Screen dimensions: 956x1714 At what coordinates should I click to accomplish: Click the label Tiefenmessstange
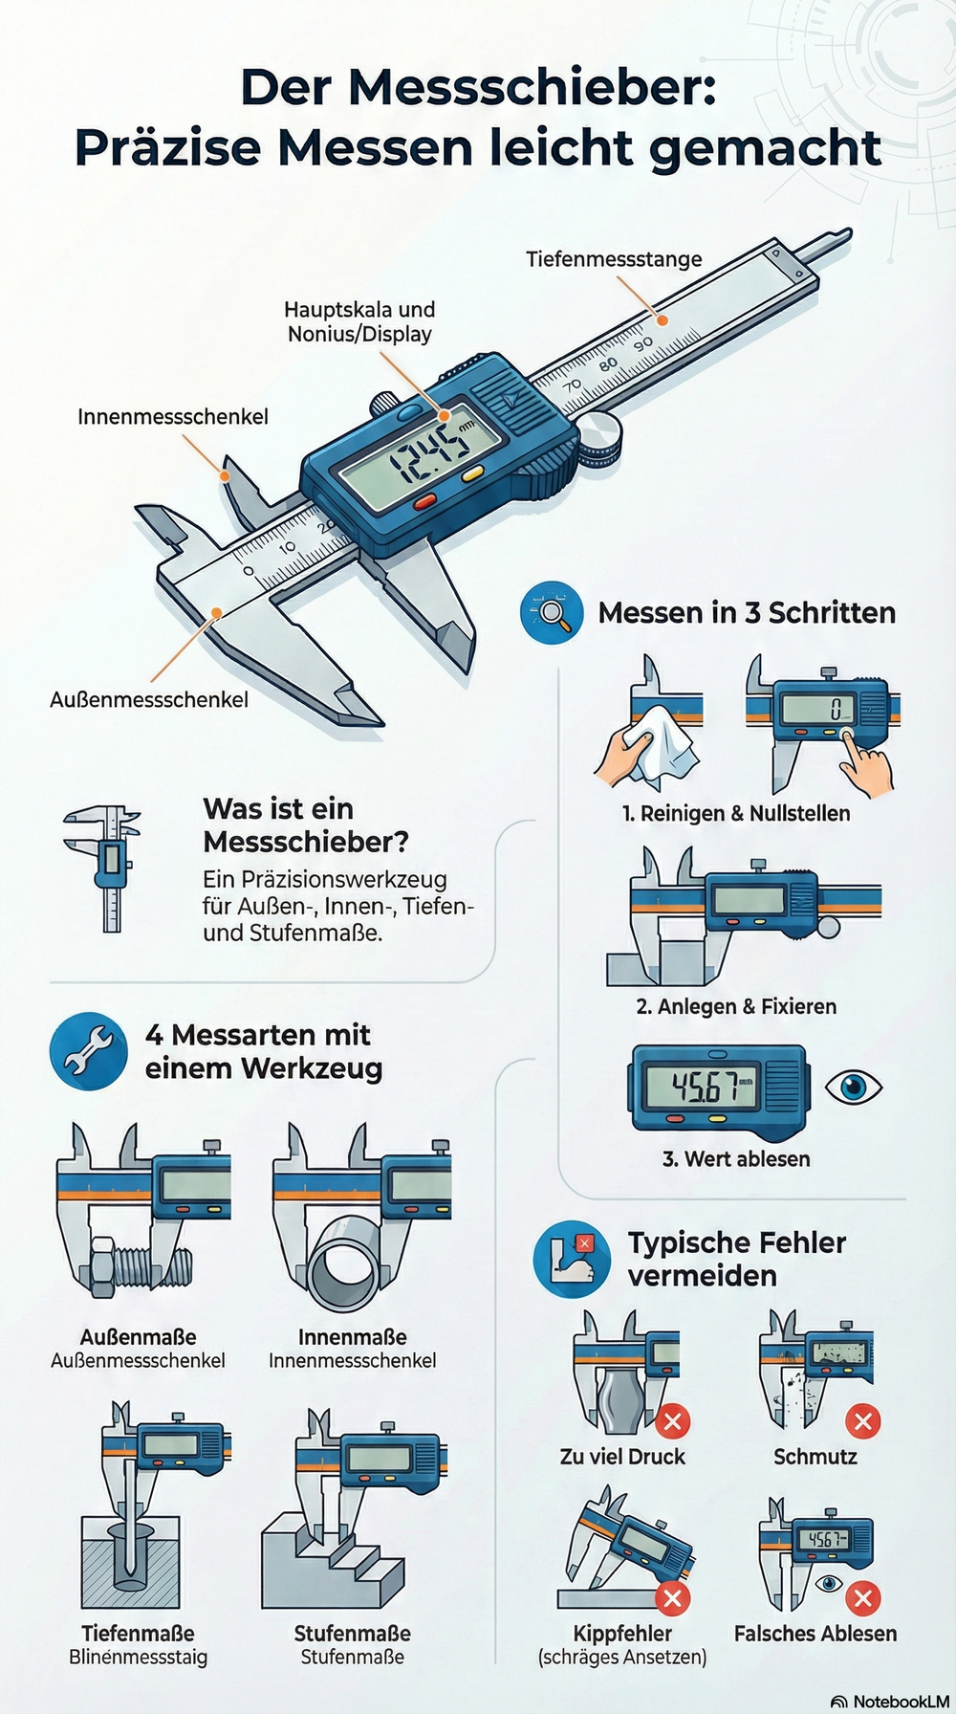[614, 259]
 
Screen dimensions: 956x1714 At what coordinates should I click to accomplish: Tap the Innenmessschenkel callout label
[173, 417]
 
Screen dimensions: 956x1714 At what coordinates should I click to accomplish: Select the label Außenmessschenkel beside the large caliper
[149, 700]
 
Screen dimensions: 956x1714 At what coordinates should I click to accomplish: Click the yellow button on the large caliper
[472, 472]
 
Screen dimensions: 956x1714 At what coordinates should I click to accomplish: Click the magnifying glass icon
[552, 612]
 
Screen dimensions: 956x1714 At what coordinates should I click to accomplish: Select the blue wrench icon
[88, 1050]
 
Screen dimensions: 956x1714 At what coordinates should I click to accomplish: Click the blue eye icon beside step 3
[853, 1087]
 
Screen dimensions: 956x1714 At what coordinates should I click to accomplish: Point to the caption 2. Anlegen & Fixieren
[736, 1006]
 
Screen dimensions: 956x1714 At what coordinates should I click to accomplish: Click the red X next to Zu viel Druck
[672, 1420]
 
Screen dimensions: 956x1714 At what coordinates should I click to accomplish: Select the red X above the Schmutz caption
[863, 1420]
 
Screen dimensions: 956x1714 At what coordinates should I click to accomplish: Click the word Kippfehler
[622, 1634]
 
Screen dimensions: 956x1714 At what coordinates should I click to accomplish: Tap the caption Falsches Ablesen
[815, 1634]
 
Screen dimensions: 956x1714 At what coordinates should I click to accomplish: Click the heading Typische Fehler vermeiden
[737, 1259]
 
